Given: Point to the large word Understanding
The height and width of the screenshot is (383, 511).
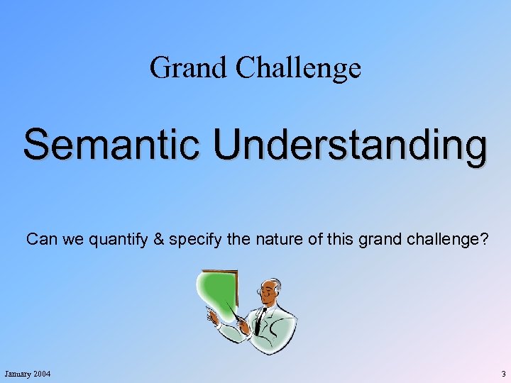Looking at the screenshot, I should (351, 145).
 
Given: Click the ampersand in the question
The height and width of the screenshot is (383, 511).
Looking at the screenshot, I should (158, 240).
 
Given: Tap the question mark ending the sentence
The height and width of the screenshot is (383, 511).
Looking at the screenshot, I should (483, 240).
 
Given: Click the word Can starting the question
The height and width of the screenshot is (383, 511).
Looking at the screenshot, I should (40, 240).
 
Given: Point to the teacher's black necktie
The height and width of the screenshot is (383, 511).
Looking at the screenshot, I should (260, 320).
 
